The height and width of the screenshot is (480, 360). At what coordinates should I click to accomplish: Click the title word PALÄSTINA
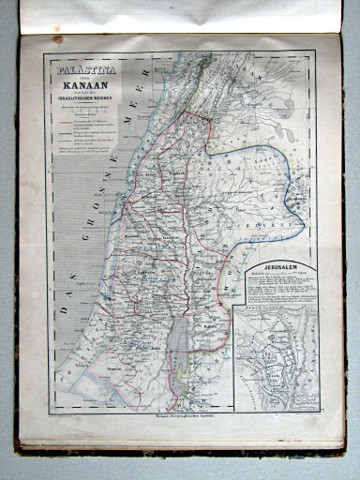pyautogui.click(x=79, y=69)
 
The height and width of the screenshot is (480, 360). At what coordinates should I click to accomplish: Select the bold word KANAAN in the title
pyautogui.click(x=80, y=83)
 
